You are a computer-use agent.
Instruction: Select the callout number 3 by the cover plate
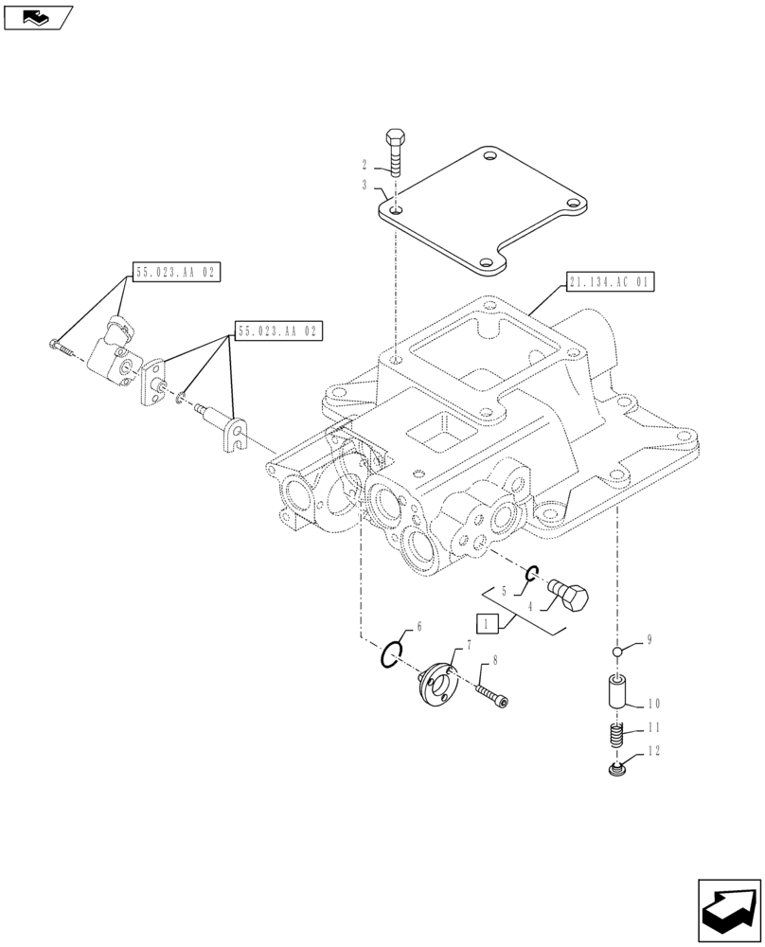point(364,186)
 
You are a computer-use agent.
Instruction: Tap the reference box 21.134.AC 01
point(611,282)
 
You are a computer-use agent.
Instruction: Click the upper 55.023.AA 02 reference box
point(176,273)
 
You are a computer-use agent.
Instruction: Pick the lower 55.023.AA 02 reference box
point(278,331)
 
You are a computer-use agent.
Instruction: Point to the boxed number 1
point(487,623)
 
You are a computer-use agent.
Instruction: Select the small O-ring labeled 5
point(532,572)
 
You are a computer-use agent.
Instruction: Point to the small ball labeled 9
point(616,652)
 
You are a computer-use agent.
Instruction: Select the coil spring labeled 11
point(617,736)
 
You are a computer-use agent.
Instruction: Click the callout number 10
point(654,704)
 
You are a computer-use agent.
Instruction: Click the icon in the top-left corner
point(38,16)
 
